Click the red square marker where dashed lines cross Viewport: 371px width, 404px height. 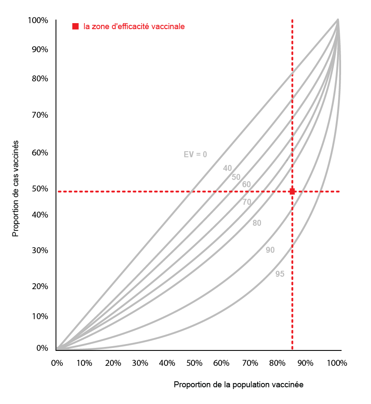click(292, 192)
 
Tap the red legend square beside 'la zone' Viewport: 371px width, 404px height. click(76, 27)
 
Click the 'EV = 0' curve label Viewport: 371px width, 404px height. click(195, 155)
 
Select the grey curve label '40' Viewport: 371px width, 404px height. click(227, 168)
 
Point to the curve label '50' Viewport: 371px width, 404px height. click(236, 177)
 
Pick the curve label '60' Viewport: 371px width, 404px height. click(246, 185)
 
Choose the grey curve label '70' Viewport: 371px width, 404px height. click(247, 202)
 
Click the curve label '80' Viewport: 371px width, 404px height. click(257, 223)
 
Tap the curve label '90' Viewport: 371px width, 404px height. click(270, 250)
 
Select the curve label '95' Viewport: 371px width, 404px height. click(280, 274)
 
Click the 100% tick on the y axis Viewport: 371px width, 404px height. click(38, 21)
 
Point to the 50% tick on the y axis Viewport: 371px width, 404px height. click(39, 189)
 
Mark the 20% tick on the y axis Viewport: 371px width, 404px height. click(39, 286)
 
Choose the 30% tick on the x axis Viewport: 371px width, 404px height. click(139, 363)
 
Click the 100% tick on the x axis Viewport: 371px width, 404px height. click(336, 363)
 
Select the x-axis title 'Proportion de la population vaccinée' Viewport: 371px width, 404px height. click(238, 385)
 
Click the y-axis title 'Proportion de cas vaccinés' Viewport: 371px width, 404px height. click(16, 188)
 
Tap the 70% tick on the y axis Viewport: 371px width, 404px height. click(39, 115)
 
